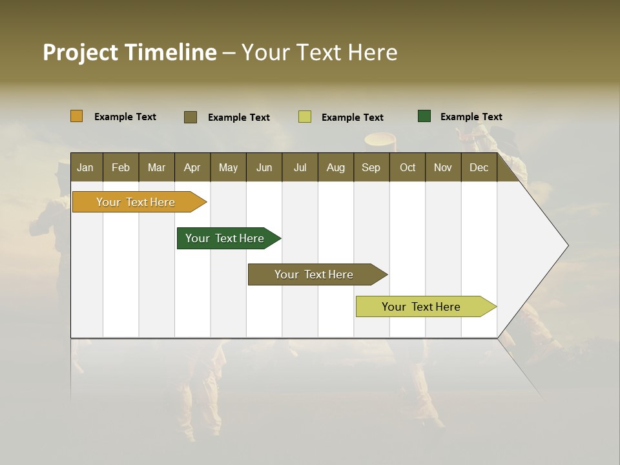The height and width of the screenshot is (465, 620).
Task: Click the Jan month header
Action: coord(86,167)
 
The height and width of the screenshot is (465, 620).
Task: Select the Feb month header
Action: coord(121,167)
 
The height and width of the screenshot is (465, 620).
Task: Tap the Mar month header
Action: coord(156,167)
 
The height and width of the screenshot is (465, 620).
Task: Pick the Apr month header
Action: coord(192,167)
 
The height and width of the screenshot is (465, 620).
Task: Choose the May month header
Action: coord(228,167)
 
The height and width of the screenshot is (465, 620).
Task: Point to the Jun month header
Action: coord(264,167)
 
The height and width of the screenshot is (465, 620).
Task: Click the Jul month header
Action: coord(300,167)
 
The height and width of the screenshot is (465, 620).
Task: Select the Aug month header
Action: coord(335,167)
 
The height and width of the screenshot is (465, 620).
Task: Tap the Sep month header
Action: coord(371,167)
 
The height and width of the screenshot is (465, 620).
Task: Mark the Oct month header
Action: coord(408,167)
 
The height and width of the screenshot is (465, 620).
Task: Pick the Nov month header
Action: coord(443,167)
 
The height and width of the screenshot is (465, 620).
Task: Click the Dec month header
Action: coord(479,167)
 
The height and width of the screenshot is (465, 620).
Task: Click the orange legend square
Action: coord(77,116)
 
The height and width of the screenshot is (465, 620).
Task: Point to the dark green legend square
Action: coord(424,116)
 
